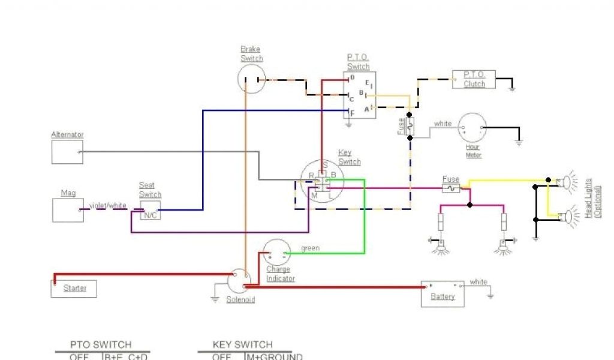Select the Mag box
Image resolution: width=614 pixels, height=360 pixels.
[x=67, y=210]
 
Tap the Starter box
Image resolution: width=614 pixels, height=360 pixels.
[x=73, y=289]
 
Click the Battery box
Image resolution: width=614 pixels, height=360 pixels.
[x=443, y=294]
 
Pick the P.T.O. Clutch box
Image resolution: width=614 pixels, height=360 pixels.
[x=474, y=80]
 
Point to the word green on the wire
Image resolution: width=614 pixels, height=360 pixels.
[x=311, y=248]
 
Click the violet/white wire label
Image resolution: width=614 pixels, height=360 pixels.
[x=109, y=206]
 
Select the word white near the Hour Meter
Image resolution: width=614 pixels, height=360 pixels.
[x=443, y=124]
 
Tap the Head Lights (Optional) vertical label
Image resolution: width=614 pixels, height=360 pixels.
[x=591, y=198]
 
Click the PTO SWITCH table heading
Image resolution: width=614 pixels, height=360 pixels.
[x=101, y=345]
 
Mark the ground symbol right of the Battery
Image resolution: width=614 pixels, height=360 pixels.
[x=490, y=295]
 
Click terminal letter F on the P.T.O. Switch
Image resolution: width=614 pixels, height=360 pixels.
[x=352, y=112]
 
